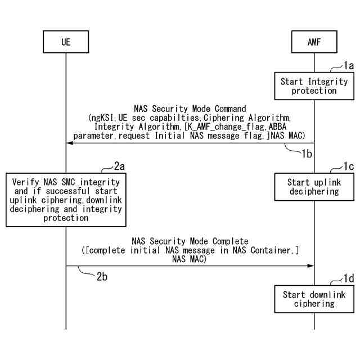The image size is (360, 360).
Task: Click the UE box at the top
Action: pyautogui.click(x=66, y=42)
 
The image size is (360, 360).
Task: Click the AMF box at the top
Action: pyautogui.click(x=314, y=42)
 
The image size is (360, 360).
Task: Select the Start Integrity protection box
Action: pyautogui.click(x=314, y=86)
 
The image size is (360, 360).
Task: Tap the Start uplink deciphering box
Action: pyautogui.click(x=314, y=187)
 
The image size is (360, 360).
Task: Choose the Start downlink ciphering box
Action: pyautogui.click(x=314, y=299)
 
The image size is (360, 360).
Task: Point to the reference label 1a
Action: pyautogui.click(x=349, y=66)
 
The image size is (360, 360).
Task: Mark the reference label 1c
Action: pyautogui.click(x=349, y=166)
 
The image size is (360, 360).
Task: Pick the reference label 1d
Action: pyautogui.click(x=349, y=278)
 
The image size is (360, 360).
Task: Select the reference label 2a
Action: pyautogui.click(x=119, y=166)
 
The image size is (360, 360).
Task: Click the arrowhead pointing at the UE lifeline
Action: pyautogui.click(x=70, y=143)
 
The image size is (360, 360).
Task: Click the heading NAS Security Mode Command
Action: pyautogui.click(x=190, y=108)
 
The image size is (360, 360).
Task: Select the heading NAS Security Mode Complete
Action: pyautogui.click(x=190, y=241)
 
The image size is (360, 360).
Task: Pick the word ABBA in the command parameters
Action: pyautogui.click(x=277, y=127)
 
